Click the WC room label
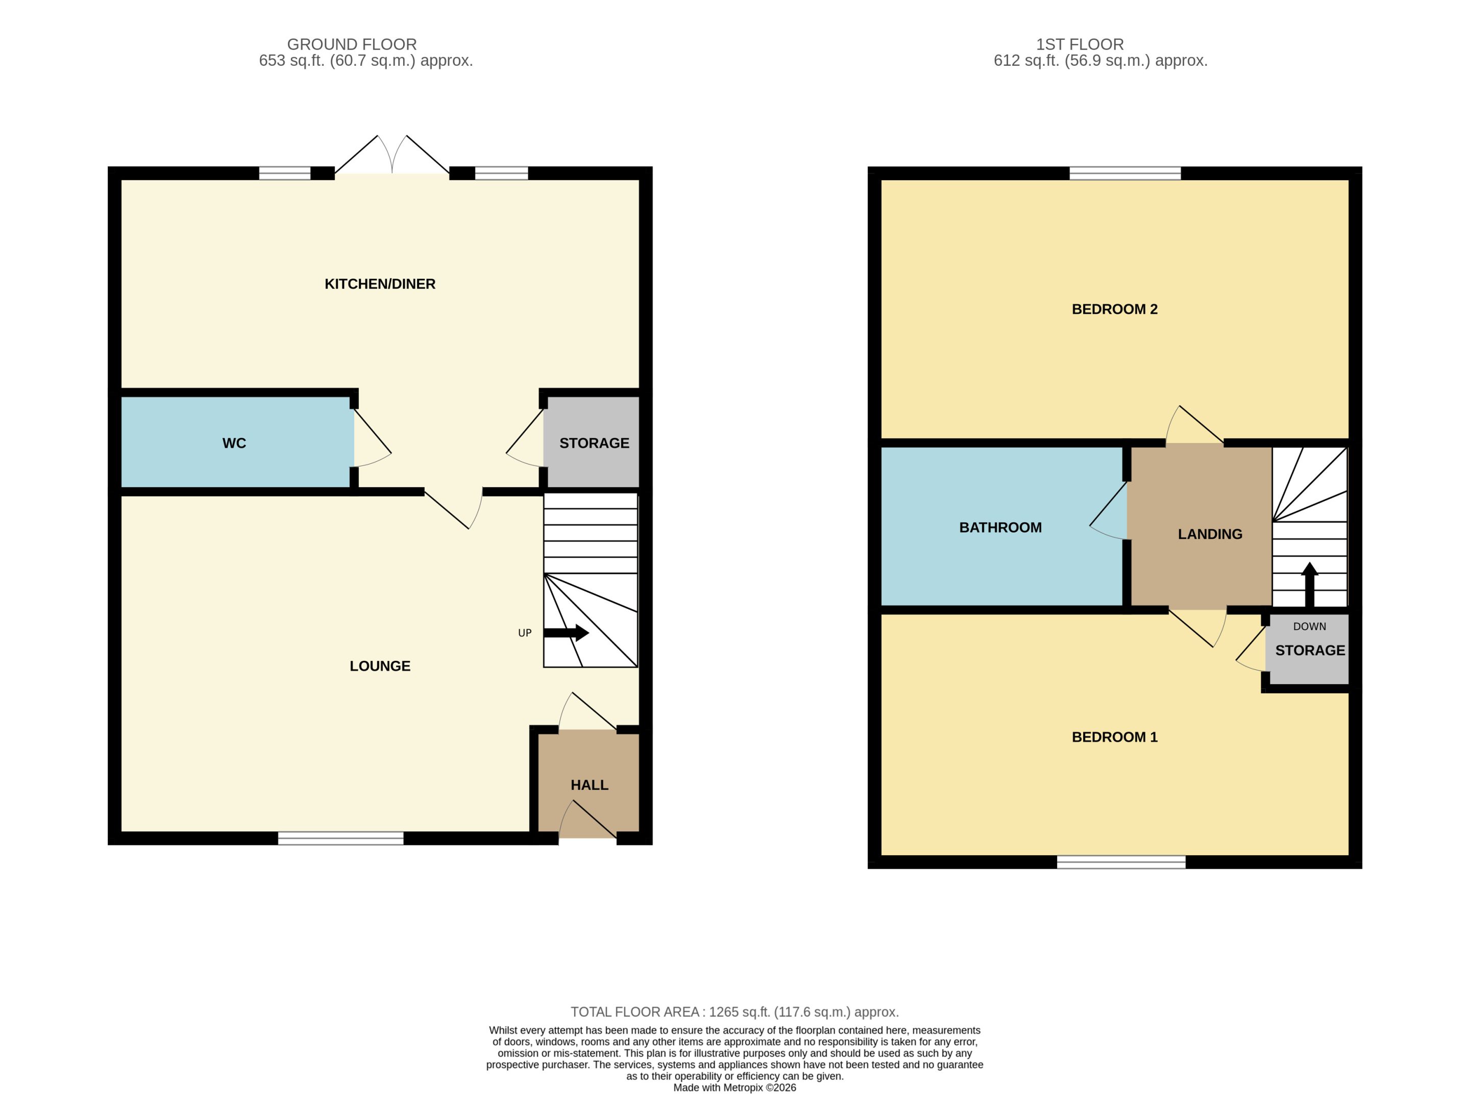[x=234, y=443]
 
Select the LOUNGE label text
[x=380, y=666]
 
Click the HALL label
[x=589, y=785]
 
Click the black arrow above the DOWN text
[x=1310, y=585]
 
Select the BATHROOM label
[x=1000, y=528]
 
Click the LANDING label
[x=1210, y=534]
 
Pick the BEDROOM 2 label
[x=1114, y=309]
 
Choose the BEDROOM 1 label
[x=1114, y=737]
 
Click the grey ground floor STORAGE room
[x=592, y=442]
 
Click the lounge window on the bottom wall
[x=340, y=838]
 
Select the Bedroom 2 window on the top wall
[x=1125, y=173]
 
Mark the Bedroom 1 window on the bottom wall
[x=1121, y=862]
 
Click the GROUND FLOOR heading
[x=352, y=44]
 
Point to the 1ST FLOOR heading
[x=1080, y=44]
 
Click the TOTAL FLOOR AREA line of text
[x=734, y=1012]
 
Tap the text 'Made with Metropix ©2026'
[x=734, y=1087]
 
